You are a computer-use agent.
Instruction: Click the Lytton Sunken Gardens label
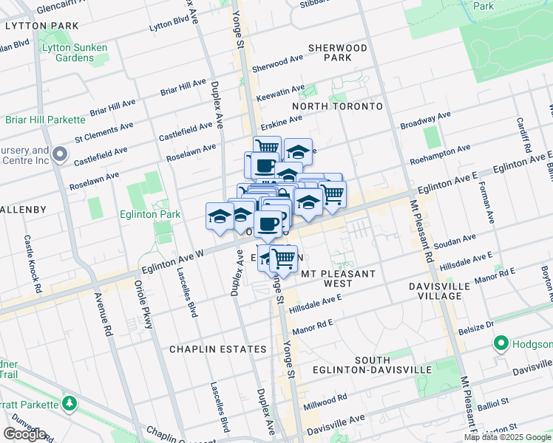pyautogui.click(x=75, y=52)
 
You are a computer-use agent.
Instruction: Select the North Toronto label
pyautogui.click(x=337, y=106)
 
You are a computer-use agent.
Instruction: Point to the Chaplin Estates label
pyautogui.click(x=217, y=348)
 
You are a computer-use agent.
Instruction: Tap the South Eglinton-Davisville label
pyautogui.click(x=381, y=364)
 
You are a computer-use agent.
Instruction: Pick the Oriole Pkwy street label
pyautogui.click(x=142, y=299)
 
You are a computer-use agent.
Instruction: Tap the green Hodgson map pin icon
pyautogui.click(x=501, y=344)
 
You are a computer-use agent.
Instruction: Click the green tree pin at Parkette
pyautogui.click(x=69, y=404)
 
